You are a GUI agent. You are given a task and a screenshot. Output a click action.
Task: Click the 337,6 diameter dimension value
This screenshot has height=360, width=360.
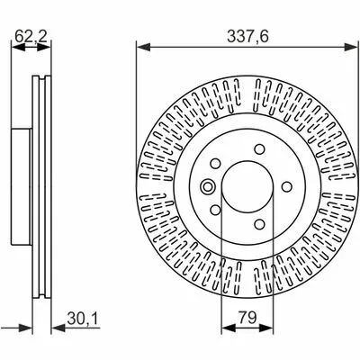pos(247,37)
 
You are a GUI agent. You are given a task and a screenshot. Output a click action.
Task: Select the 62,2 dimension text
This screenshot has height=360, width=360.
pos(31,37)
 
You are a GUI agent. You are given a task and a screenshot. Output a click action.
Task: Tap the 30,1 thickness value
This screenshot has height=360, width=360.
pos(83,319)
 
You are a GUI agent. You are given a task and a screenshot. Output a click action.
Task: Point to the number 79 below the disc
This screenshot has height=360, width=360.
pos(247,317)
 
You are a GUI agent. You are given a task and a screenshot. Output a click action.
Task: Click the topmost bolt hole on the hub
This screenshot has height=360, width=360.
pos(259,149)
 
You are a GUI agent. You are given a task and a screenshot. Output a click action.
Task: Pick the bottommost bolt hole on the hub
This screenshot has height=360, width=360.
pos(259,224)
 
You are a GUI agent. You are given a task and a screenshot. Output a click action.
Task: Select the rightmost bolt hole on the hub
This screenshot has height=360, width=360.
pos(287,186)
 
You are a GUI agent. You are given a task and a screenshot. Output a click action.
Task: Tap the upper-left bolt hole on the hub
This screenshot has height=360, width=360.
pos(215,164)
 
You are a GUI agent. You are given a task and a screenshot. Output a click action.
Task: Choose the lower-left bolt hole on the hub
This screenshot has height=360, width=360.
pos(215,210)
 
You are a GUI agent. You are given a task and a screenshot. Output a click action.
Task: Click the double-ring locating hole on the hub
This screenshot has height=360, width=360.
pos(207,186)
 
